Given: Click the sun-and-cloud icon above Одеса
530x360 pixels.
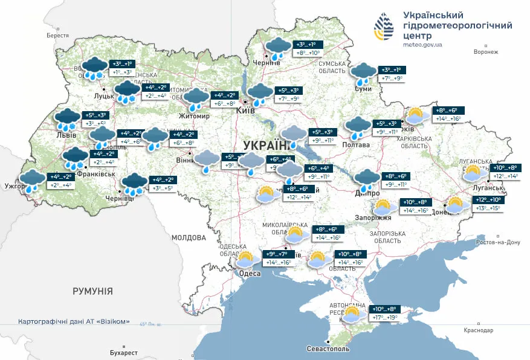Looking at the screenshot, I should click(246, 260).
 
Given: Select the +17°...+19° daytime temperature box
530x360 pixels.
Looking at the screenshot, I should click(385, 318).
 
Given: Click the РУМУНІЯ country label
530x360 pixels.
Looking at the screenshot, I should click(92, 291).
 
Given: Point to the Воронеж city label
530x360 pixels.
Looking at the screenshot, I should click(486, 52).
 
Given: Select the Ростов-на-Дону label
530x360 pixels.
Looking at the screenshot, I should click(499, 242).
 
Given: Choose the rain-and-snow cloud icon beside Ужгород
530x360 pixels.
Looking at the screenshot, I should click(31, 179).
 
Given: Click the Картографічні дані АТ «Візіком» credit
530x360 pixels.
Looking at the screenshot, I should click(74, 321).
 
